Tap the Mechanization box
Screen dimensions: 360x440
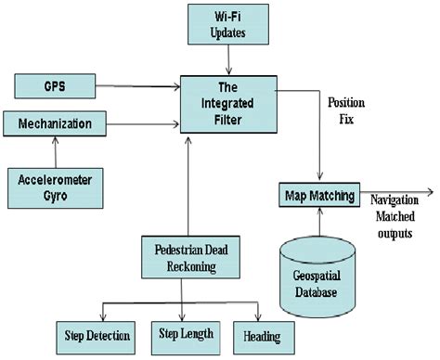click(x=56, y=122)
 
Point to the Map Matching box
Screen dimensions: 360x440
click(x=319, y=196)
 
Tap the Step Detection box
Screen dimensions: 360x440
click(x=98, y=334)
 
